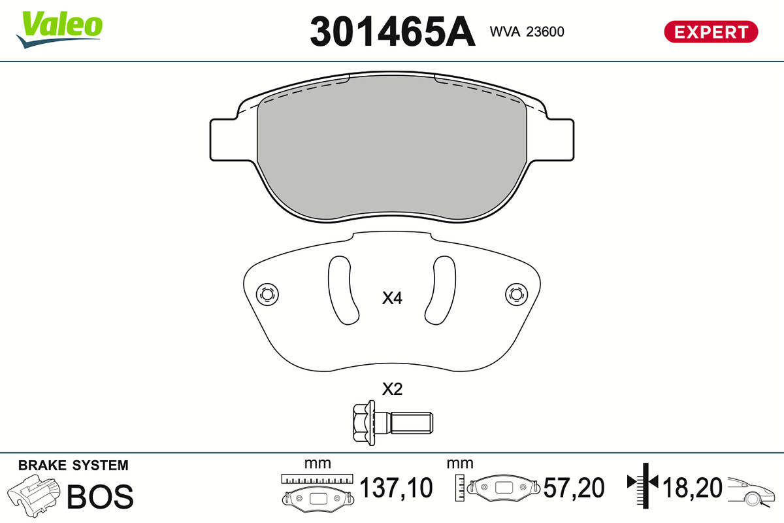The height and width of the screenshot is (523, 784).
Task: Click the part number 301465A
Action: (x=393, y=31)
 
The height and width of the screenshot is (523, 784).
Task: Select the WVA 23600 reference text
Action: (x=527, y=31)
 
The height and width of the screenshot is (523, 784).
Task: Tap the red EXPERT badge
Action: (x=711, y=32)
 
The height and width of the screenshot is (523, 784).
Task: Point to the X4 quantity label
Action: (x=392, y=298)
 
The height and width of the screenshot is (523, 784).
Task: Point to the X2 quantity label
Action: (x=392, y=389)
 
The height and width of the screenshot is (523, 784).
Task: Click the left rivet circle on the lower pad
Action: (x=267, y=294)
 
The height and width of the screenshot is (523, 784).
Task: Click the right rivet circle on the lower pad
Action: (x=517, y=294)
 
